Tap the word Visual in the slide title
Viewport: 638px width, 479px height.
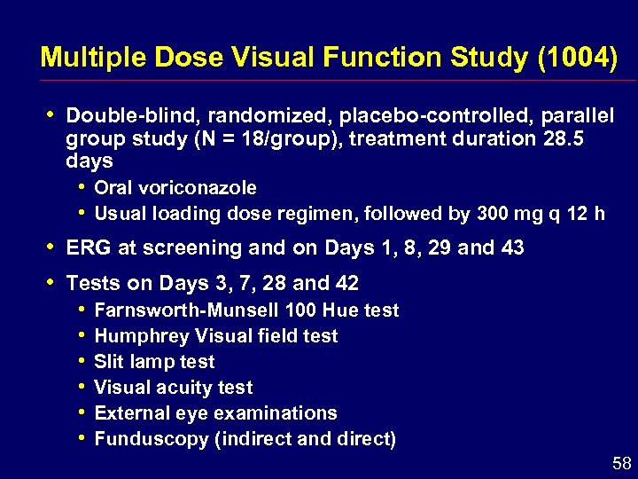269,59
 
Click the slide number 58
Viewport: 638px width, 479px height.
622,463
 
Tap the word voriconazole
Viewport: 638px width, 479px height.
198,188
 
